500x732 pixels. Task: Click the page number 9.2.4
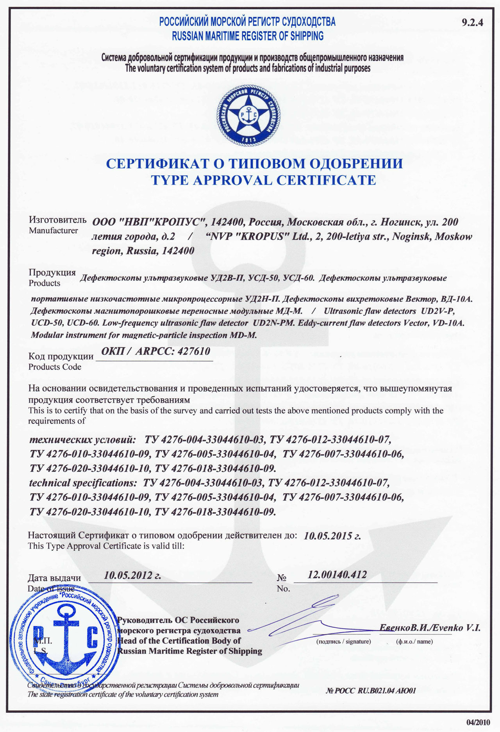tap(472, 23)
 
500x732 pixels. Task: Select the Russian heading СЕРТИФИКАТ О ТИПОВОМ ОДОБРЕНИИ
tap(254, 163)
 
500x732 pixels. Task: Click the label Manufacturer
tap(53, 231)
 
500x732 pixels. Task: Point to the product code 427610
tap(194, 351)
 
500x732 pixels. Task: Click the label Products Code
tap(55, 367)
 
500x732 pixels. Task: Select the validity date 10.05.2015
tap(332, 536)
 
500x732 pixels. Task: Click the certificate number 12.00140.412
tap(337, 574)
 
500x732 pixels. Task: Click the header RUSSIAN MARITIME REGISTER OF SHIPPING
tap(248, 36)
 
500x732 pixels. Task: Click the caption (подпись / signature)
tap(343, 641)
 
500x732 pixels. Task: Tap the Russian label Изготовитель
tap(57, 220)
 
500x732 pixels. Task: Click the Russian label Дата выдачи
tap(54, 578)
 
